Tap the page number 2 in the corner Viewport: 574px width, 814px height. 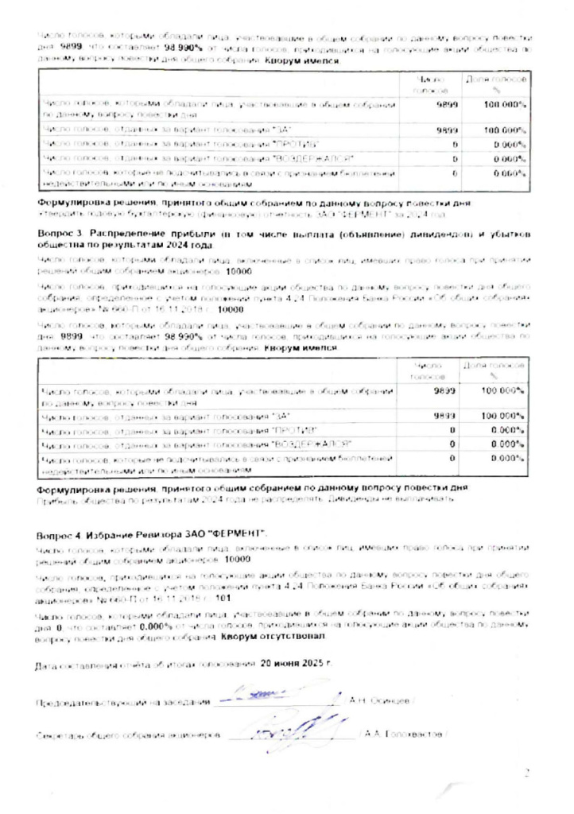tap(526, 772)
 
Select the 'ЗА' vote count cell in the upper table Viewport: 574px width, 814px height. tap(446, 130)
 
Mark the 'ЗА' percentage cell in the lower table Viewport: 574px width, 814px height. tap(502, 416)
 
